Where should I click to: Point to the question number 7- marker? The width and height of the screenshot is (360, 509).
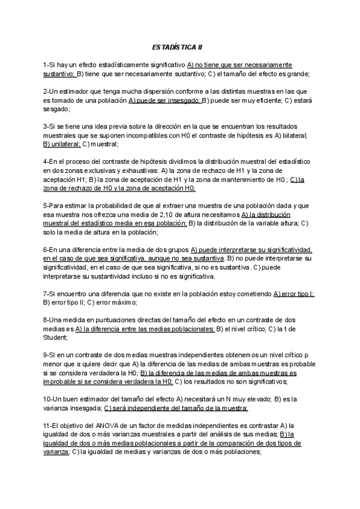coord(47,294)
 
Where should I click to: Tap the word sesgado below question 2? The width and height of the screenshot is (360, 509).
coord(56,109)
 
